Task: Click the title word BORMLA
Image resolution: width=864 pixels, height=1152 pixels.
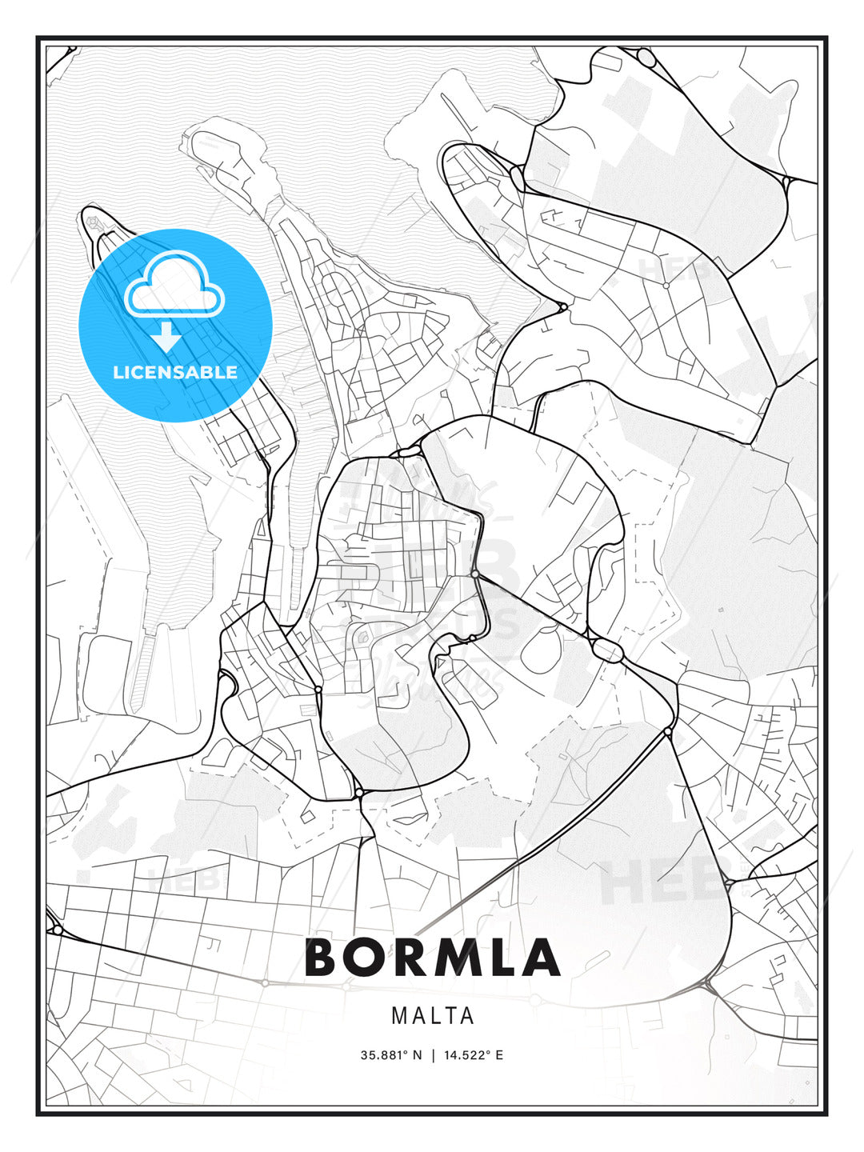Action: (x=432, y=958)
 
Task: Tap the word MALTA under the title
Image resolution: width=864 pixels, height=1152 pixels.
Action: (x=433, y=1016)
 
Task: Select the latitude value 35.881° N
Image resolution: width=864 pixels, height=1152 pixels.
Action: (x=390, y=1054)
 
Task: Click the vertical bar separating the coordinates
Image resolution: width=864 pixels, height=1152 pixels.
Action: (x=433, y=1054)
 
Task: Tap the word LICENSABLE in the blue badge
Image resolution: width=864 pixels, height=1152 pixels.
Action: (x=175, y=372)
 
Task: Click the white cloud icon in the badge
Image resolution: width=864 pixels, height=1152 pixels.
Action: (x=174, y=286)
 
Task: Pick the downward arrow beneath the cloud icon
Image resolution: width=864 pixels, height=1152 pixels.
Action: (x=167, y=337)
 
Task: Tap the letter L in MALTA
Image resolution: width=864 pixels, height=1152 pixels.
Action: (x=433, y=1016)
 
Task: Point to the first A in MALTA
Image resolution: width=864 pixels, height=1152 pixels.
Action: (x=417, y=1016)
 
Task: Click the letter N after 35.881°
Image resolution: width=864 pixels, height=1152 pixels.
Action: (x=417, y=1054)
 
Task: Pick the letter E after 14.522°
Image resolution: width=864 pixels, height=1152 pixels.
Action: (x=499, y=1054)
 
